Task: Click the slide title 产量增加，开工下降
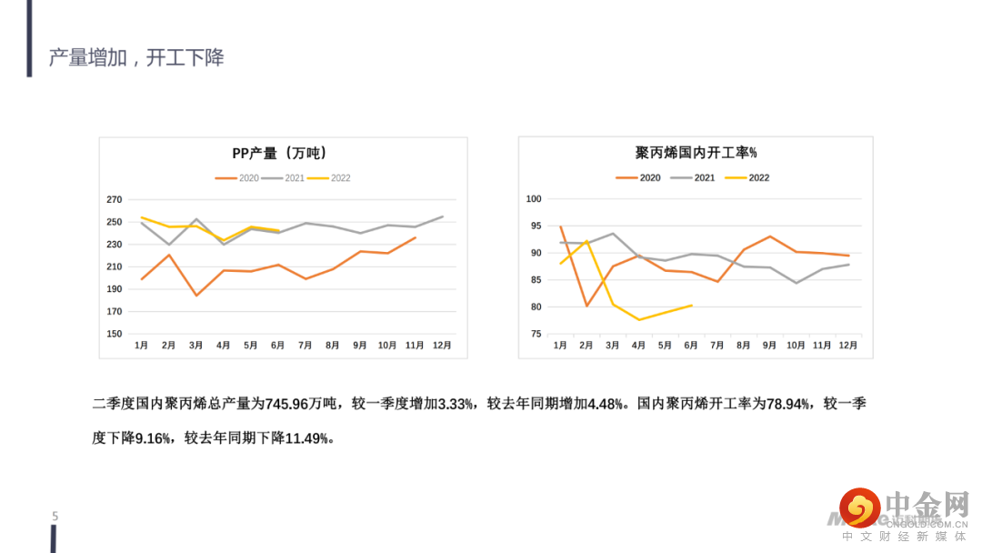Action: click(136, 58)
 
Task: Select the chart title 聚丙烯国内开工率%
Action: click(696, 153)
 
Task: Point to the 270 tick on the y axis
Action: click(115, 199)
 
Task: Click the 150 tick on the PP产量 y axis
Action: click(115, 334)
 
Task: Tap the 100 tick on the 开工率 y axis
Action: click(534, 199)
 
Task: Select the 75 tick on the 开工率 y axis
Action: click(536, 334)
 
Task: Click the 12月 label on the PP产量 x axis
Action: click(442, 346)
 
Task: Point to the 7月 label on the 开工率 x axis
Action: click(717, 346)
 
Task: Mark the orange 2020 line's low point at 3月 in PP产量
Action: click(196, 296)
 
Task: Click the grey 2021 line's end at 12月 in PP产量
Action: click(443, 216)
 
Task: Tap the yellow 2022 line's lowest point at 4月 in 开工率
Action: click(639, 319)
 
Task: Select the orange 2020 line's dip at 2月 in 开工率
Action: click(586, 306)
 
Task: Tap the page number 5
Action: click(55, 517)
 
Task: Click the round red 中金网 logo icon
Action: click(859, 508)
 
